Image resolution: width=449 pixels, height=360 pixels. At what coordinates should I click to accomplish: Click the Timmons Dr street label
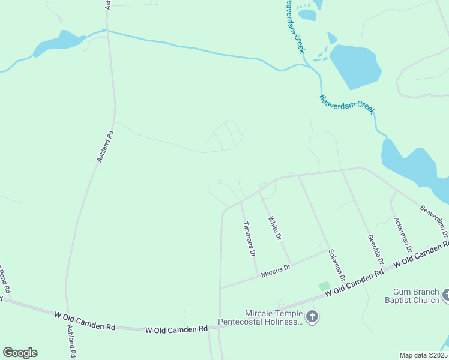(249, 239)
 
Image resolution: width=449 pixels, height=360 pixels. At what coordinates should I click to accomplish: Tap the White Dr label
(275, 229)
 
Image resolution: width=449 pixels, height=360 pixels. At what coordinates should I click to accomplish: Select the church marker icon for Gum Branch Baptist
(446, 295)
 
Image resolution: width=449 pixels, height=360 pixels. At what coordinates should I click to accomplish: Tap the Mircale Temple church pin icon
(312, 317)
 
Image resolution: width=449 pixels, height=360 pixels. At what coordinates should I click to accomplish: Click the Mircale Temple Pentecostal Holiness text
(273, 318)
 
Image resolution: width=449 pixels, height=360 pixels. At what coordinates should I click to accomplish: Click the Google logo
(20, 353)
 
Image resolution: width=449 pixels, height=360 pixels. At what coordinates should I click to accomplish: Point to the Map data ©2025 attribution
(423, 355)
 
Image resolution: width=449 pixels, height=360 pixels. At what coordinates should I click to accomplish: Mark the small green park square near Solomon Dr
(324, 287)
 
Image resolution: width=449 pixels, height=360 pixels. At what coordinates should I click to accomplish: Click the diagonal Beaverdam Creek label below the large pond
(347, 104)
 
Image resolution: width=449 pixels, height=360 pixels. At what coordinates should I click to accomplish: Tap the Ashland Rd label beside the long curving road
(105, 145)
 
